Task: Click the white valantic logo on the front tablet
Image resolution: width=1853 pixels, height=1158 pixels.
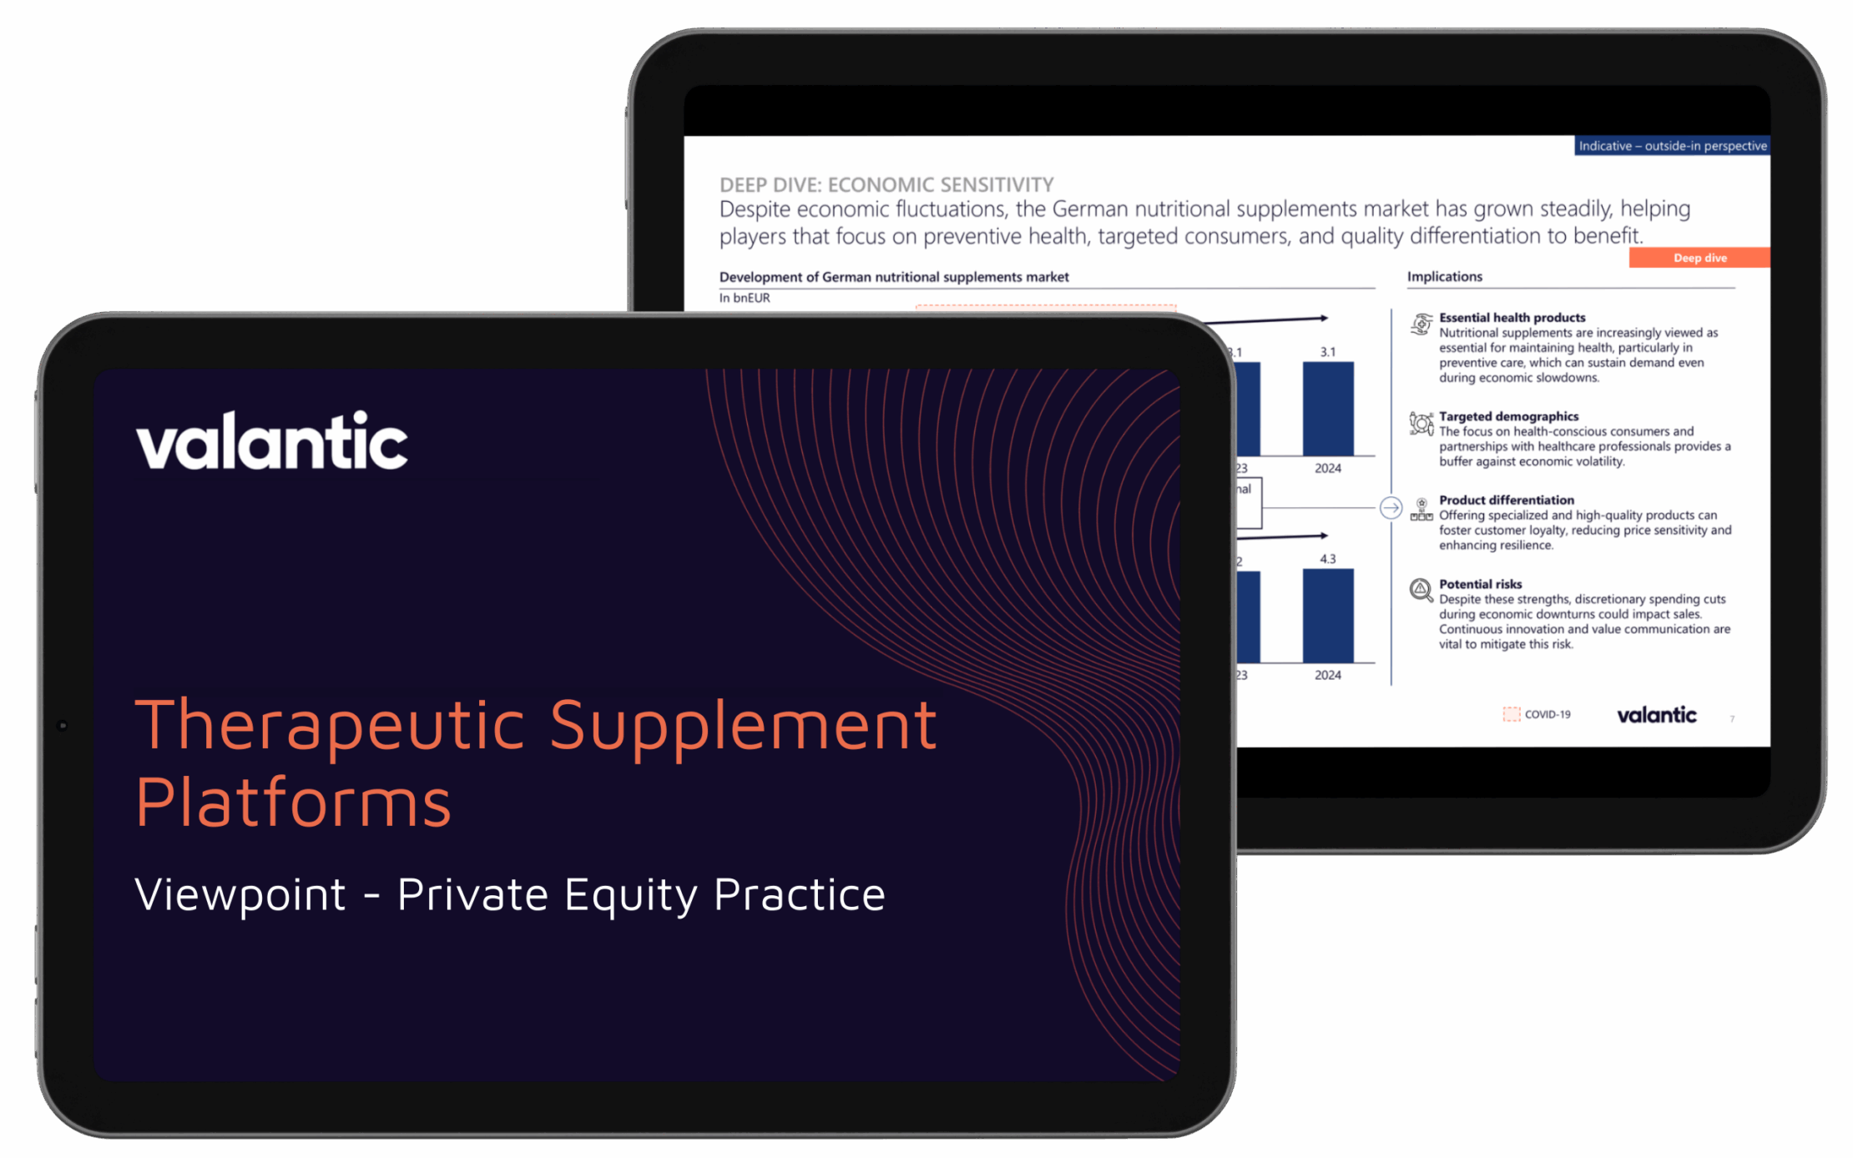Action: point(271,441)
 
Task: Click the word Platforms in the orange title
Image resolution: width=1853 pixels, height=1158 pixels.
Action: point(293,802)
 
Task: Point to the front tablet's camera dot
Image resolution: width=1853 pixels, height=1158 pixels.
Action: point(63,726)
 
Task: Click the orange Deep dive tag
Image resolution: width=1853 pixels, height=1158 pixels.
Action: point(1699,258)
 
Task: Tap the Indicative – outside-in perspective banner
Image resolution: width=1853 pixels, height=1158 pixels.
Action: point(1672,146)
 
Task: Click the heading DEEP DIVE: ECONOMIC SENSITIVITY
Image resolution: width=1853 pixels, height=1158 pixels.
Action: point(886,184)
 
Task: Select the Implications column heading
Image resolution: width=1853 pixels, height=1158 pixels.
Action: point(1444,277)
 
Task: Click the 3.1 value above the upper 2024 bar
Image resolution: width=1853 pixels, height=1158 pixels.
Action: point(1327,352)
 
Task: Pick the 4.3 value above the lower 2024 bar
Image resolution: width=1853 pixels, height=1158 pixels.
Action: point(1327,559)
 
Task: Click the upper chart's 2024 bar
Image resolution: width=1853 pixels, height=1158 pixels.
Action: point(1328,409)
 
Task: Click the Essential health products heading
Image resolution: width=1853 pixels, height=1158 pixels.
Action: point(1512,318)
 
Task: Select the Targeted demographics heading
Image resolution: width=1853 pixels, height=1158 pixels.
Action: point(1508,416)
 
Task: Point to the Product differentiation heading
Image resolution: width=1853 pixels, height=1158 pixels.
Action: point(1506,501)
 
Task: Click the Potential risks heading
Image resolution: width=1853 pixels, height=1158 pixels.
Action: point(1480,584)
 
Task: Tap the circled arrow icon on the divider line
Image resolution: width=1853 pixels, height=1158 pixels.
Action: point(1391,507)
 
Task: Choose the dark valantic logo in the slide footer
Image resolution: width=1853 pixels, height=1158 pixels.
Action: point(1656,715)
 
